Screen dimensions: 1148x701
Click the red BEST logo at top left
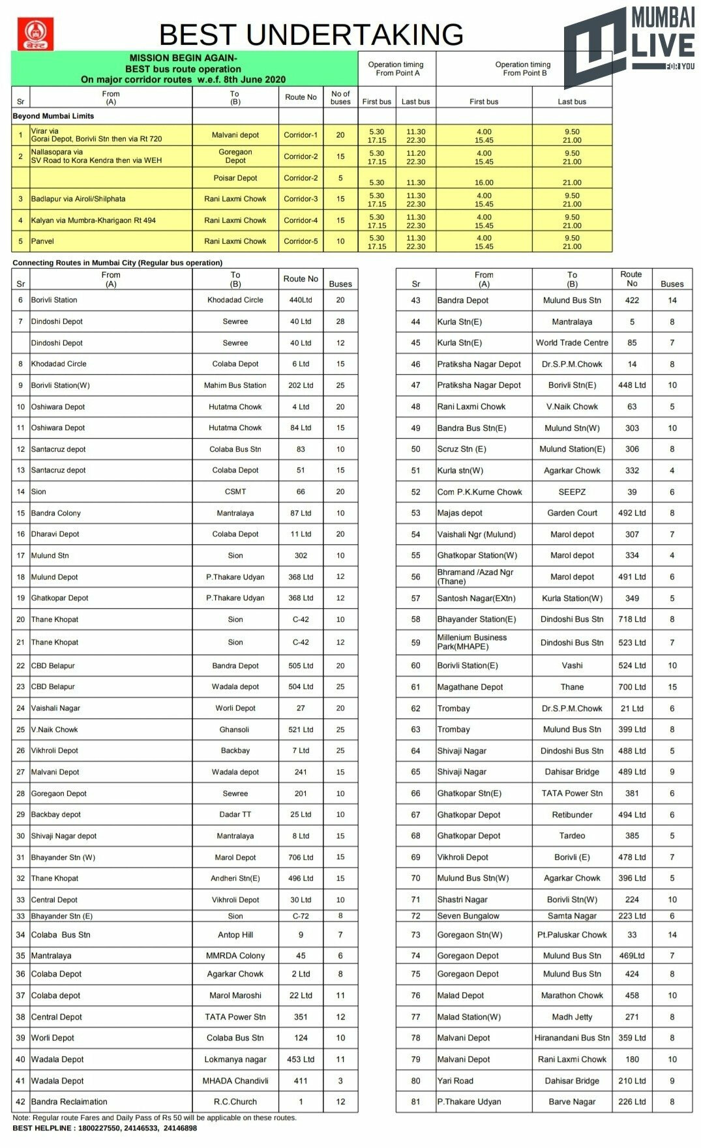coord(35,34)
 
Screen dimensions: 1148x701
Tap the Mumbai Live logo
coord(629,46)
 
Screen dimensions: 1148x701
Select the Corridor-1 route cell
coord(301,135)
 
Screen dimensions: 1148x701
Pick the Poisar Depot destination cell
coord(235,178)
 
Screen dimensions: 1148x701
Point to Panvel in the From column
coord(43,241)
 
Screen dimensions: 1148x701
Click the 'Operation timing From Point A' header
coord(396,68)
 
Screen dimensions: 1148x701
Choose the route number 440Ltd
coord(301,300)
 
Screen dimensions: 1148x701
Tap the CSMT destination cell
coord(235,492)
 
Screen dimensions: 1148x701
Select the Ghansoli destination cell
coord(235,729)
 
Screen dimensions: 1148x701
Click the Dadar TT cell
coord(235,814)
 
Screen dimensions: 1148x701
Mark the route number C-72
coord(301,916)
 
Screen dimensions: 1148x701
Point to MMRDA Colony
coord(235,956)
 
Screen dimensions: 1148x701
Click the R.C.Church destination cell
coord(235,1102)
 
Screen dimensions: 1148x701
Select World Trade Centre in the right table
coord(572,343)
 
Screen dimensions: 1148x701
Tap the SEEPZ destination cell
coord(572,492)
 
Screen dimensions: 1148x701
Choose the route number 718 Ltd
coord(632,619)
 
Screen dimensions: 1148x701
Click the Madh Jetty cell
coord(572,1017)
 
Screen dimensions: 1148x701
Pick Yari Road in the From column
coord(455,1081)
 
